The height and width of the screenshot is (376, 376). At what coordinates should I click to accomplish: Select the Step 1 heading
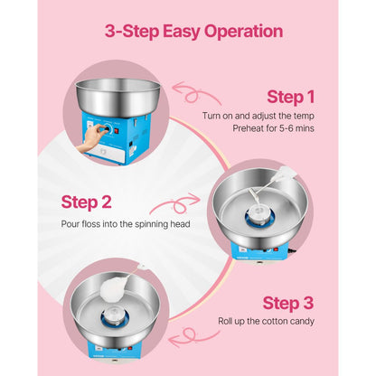point(292,96)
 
